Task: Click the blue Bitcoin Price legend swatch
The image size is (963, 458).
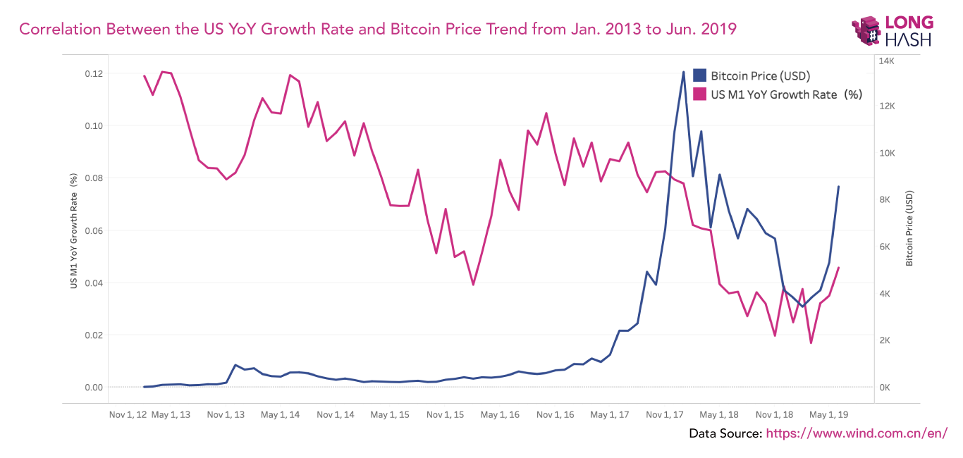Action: click(x=700, y=75)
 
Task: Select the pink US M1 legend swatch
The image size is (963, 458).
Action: click(x=700, y=94)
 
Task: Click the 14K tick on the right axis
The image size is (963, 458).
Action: click(x=885, y=61)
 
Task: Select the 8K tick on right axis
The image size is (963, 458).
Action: click(x=885, y=200)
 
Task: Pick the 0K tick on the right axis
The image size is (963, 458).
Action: click(x=885, y=388)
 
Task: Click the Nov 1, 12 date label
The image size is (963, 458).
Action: click(x=128, y=415)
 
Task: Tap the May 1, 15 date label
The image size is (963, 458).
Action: click(x=390, y=415)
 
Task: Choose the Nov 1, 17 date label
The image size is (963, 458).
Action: click(x=665, y=415)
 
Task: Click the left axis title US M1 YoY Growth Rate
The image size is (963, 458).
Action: click(x=73, y=231)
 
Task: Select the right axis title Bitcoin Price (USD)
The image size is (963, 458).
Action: click(x=909, y=228)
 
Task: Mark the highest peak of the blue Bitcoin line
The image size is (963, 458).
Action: click(x=683, y=72)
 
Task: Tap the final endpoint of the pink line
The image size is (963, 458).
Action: click(x=838, y=268)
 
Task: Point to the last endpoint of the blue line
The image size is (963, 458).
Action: click(x=838, y=187)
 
